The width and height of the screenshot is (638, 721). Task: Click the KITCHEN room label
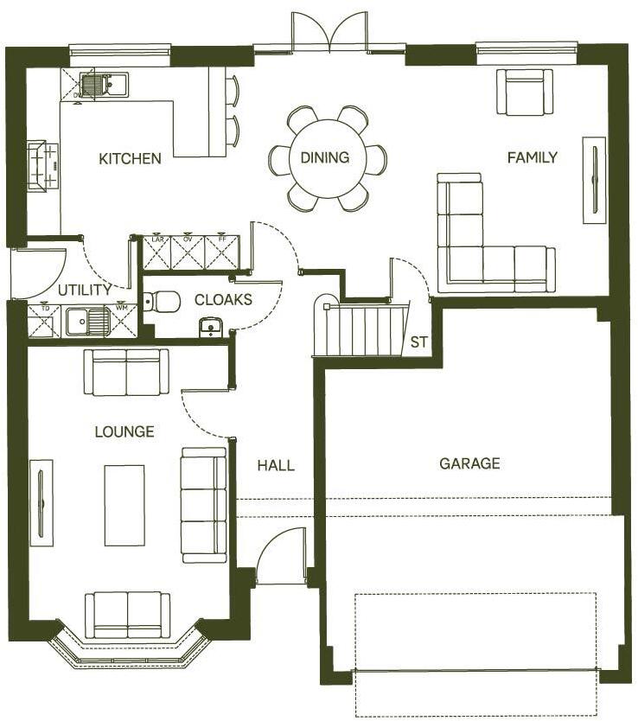coord(130,158)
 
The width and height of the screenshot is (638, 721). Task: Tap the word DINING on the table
coord(325,157)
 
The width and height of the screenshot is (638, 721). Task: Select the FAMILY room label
coord(532,157)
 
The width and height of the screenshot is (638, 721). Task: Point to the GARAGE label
coord(469,463)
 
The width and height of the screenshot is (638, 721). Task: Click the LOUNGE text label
coord(124,431)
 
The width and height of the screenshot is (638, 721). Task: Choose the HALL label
coord(276,465)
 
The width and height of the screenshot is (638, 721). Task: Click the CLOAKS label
coord(223,300)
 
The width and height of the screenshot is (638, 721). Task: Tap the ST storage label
coord(419,342)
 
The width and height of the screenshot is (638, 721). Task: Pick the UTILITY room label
coord(84,290)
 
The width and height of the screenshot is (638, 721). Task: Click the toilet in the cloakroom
coord(163,301)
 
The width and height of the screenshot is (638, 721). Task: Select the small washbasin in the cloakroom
coord(210,327)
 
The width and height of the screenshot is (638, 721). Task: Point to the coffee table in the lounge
coord(124,505)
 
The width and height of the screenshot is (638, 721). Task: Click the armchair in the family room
coord(524,93)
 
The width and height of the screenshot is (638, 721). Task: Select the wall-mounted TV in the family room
coord(594,180)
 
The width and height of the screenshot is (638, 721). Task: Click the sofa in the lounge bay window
coord(127,614)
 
